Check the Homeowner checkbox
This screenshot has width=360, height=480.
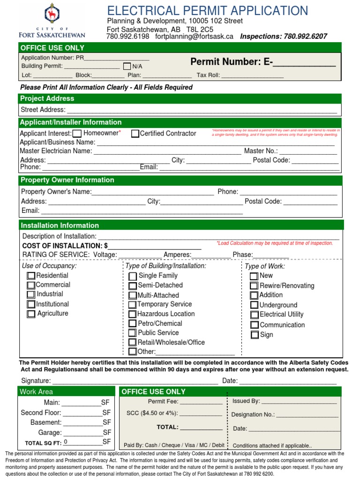pos(77,134)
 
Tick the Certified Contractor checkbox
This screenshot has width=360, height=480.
pos(135,134)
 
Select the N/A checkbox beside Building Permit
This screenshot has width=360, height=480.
pos(127,66)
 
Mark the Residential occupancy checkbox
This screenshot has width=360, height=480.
pos(31,276)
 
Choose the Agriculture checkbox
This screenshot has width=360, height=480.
pos(31,314)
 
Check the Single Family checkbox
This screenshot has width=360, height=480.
pos(133,276)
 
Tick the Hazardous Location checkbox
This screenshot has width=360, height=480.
pos(133,314)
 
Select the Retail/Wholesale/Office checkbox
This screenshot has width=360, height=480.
pos(133,343)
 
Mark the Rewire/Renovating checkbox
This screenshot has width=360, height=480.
pos(254,285)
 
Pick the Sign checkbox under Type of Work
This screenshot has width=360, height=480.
pos(255,335)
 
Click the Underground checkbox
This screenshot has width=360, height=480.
pos(254,305)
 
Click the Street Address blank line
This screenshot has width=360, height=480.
pos(202,110)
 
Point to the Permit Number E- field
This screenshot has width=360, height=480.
pos(305,62)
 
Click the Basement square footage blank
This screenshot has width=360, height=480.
pos(82,422)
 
